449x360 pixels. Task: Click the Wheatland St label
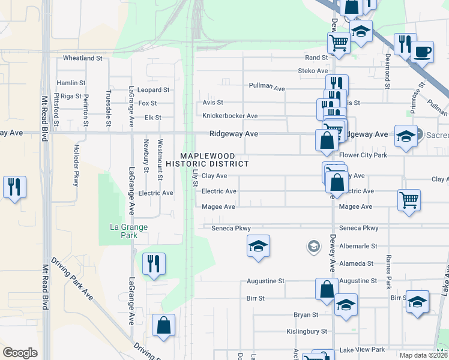pyautogui.click(x=83, y=58)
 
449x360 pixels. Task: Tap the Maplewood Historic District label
pyautogui.click(x=207, y=159)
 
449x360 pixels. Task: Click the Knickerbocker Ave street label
pyautogui.click(x=230, y=116)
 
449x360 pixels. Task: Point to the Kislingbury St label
pyautogui.click(x=307, y=331)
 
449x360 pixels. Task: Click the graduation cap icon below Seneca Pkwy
pyautogui.click(x=258, y=246)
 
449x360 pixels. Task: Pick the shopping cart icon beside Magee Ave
pyautogui.click(x=409, y=200)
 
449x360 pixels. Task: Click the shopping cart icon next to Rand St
pyautogui.click(x=339, y=43)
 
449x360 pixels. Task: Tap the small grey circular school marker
pyautogui.click(x=313, y=245)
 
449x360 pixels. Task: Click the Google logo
pyautogui.click(x=20, y=353)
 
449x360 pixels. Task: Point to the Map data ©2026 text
pyautogui.click(x=424, y=355)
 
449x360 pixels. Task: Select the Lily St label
pyautogui.click(x=195, y=178)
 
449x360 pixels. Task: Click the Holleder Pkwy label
pyautogui.click(x=76, y=172)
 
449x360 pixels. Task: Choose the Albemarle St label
pyautogui.click(x=358, y=246)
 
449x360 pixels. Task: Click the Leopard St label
pyautogui.click(x=154, y=89)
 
